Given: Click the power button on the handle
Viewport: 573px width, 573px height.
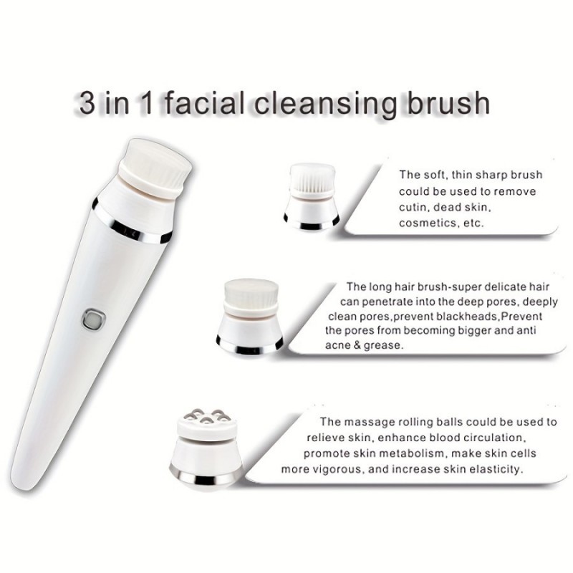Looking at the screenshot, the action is pos(94,319).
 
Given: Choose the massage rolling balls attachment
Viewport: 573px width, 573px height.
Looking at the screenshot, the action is pos(206,449).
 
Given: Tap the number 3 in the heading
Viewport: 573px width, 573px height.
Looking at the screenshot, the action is pos(87,102).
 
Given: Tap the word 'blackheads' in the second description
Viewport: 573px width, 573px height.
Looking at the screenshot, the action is pos(467,316).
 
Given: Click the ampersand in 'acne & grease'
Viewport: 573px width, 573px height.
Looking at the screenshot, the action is pos(357,345).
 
